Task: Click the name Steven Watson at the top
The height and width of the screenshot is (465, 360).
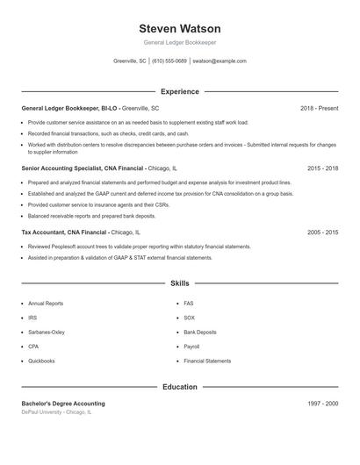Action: pyautogui.click(x=180, y=29)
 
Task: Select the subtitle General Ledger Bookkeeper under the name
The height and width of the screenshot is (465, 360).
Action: pyautogui.click(x=180, y=43)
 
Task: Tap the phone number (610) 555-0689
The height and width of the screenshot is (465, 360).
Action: pyautogui.click(x=169, y=61)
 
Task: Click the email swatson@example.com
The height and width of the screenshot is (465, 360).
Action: pyautogui.click(x=220, y=61)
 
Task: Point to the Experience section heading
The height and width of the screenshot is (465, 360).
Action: pyautogui.click(x=180, y=91)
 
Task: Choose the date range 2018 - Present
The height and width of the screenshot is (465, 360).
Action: pyautogui.click(x=319, y=109)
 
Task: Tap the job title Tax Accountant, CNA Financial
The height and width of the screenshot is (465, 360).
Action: pyautogui.click(x=65, y=232)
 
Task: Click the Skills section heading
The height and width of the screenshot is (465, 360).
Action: pyautogui.click(x=180, y=283)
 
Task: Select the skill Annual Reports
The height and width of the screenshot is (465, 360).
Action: pyautogui.click(x=46, y=304)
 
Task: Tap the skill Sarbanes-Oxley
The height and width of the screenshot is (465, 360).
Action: pyautogui.click(x=47, y=333)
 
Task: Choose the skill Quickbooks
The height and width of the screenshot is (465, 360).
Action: pyautogui.click(x=42, y=361)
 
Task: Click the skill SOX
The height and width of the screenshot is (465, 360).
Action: pyautogui.click(x=189, y=318)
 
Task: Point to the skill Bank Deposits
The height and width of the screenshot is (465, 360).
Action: pyautogui.click(x=199, y=333)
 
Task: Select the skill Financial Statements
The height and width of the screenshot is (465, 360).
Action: pyautogui.click(x=207, y=361)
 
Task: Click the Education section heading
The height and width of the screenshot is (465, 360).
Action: pyautogui.click(x=180, y=386)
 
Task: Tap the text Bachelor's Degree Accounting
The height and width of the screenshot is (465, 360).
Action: pyautogui.click(x=63, y=404)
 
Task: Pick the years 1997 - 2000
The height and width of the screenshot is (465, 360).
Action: pyautogui.click(x=323, y=404)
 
